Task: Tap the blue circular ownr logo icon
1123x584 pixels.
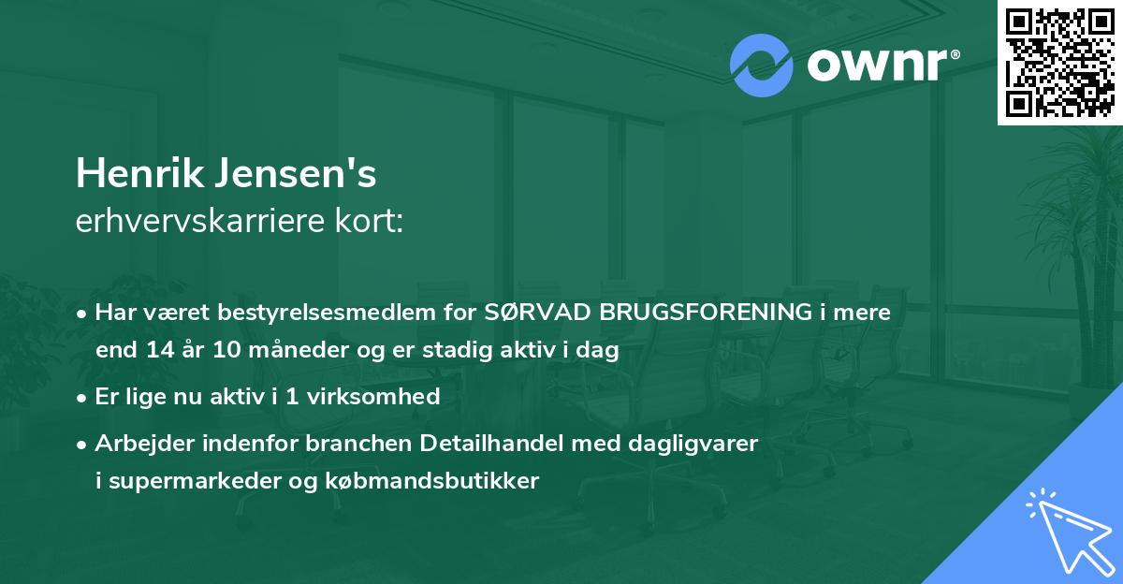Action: click(761, 66)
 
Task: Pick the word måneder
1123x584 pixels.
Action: click(283, 351)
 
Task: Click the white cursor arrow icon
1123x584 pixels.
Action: click(1066, 528)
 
